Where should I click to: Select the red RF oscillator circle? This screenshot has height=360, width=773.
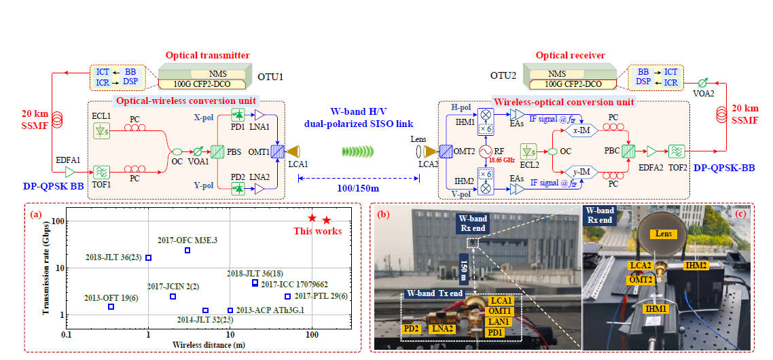click(486, 150)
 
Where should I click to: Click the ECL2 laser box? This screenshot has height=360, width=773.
click(528, 151)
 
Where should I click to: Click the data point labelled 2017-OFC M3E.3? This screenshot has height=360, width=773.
click(187, 250)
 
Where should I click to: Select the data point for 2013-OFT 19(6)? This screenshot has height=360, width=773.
click(111, 307)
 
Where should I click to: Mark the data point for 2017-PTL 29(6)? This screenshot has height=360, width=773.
click(287, 296)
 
